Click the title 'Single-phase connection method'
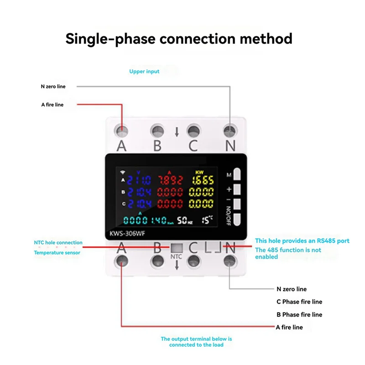(179, 38)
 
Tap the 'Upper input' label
(144, 72)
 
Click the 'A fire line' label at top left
(52, 104)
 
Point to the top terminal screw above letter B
(157, 130)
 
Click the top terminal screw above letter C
(193, 130)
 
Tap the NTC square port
(176, 248)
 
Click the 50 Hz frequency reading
(185, 220)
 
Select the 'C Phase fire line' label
(299, 302)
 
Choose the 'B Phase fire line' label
(299, 314)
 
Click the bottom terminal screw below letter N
(229, 261)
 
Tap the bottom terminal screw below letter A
(121, 261)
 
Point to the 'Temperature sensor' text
(57, 252)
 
